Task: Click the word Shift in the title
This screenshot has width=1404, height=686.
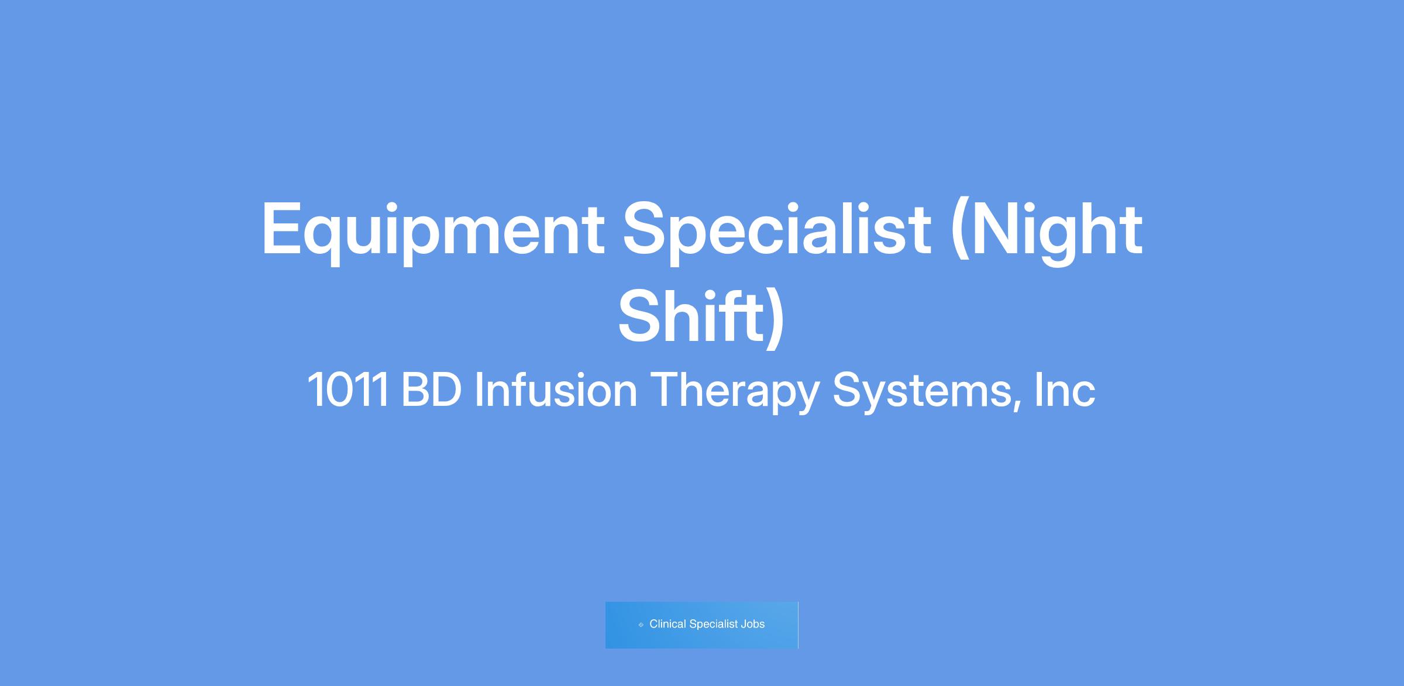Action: click(691, 316)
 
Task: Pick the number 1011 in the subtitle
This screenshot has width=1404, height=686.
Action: click(348, 389)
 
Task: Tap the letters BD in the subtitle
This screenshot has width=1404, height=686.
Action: click(432, 389)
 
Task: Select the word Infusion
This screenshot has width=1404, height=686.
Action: click(556, 389)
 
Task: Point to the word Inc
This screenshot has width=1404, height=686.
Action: click(1065, 389)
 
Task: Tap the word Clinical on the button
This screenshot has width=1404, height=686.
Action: click(667, 624)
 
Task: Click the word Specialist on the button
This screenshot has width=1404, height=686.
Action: click(714, 625)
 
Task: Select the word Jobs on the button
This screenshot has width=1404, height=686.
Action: click(753, 624)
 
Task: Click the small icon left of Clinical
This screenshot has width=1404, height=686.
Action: click(641, 625)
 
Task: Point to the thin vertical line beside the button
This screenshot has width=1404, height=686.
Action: click(798, 625)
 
